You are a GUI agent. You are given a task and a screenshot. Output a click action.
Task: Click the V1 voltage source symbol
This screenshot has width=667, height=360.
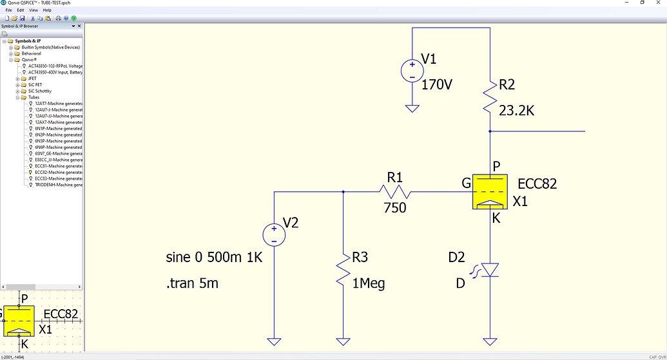click(x=411, y=70)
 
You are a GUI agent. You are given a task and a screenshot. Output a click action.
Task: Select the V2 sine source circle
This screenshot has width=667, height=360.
click(x=274, y=234)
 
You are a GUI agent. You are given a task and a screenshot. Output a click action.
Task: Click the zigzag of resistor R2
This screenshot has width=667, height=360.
click(x=490, y=97)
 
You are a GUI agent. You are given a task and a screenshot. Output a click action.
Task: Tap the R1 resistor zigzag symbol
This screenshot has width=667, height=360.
click(x=394, y=191)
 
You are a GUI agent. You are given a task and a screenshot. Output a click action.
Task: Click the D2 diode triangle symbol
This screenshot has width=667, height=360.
click(x=490, y=269)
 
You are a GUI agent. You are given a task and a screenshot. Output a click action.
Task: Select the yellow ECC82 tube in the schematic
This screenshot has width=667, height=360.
click(x=490, y=192)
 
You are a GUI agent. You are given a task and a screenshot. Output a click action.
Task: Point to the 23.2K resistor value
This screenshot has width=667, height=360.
click(x=517, y=111)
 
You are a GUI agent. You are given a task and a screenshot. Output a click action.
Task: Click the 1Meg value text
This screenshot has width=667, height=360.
click(x=368, y=283)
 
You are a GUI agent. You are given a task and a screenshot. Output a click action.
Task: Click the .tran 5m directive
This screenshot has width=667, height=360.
click(x=192, y=283)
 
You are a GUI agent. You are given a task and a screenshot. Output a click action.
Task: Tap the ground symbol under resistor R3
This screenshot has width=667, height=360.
click(x=343, y=341)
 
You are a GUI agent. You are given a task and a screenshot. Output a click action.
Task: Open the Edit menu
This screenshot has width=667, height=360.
click(x=21, y=10)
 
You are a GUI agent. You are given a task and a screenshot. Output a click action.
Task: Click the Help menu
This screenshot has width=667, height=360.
click(x=47, y=10)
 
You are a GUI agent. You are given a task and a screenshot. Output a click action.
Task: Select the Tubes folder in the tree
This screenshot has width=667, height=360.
click(x=34, y=97)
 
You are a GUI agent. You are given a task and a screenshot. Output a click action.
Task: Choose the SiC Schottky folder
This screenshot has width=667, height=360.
click(x=39, y=91)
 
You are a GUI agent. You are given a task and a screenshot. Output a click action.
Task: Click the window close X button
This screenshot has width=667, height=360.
click(x=659, y=3)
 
